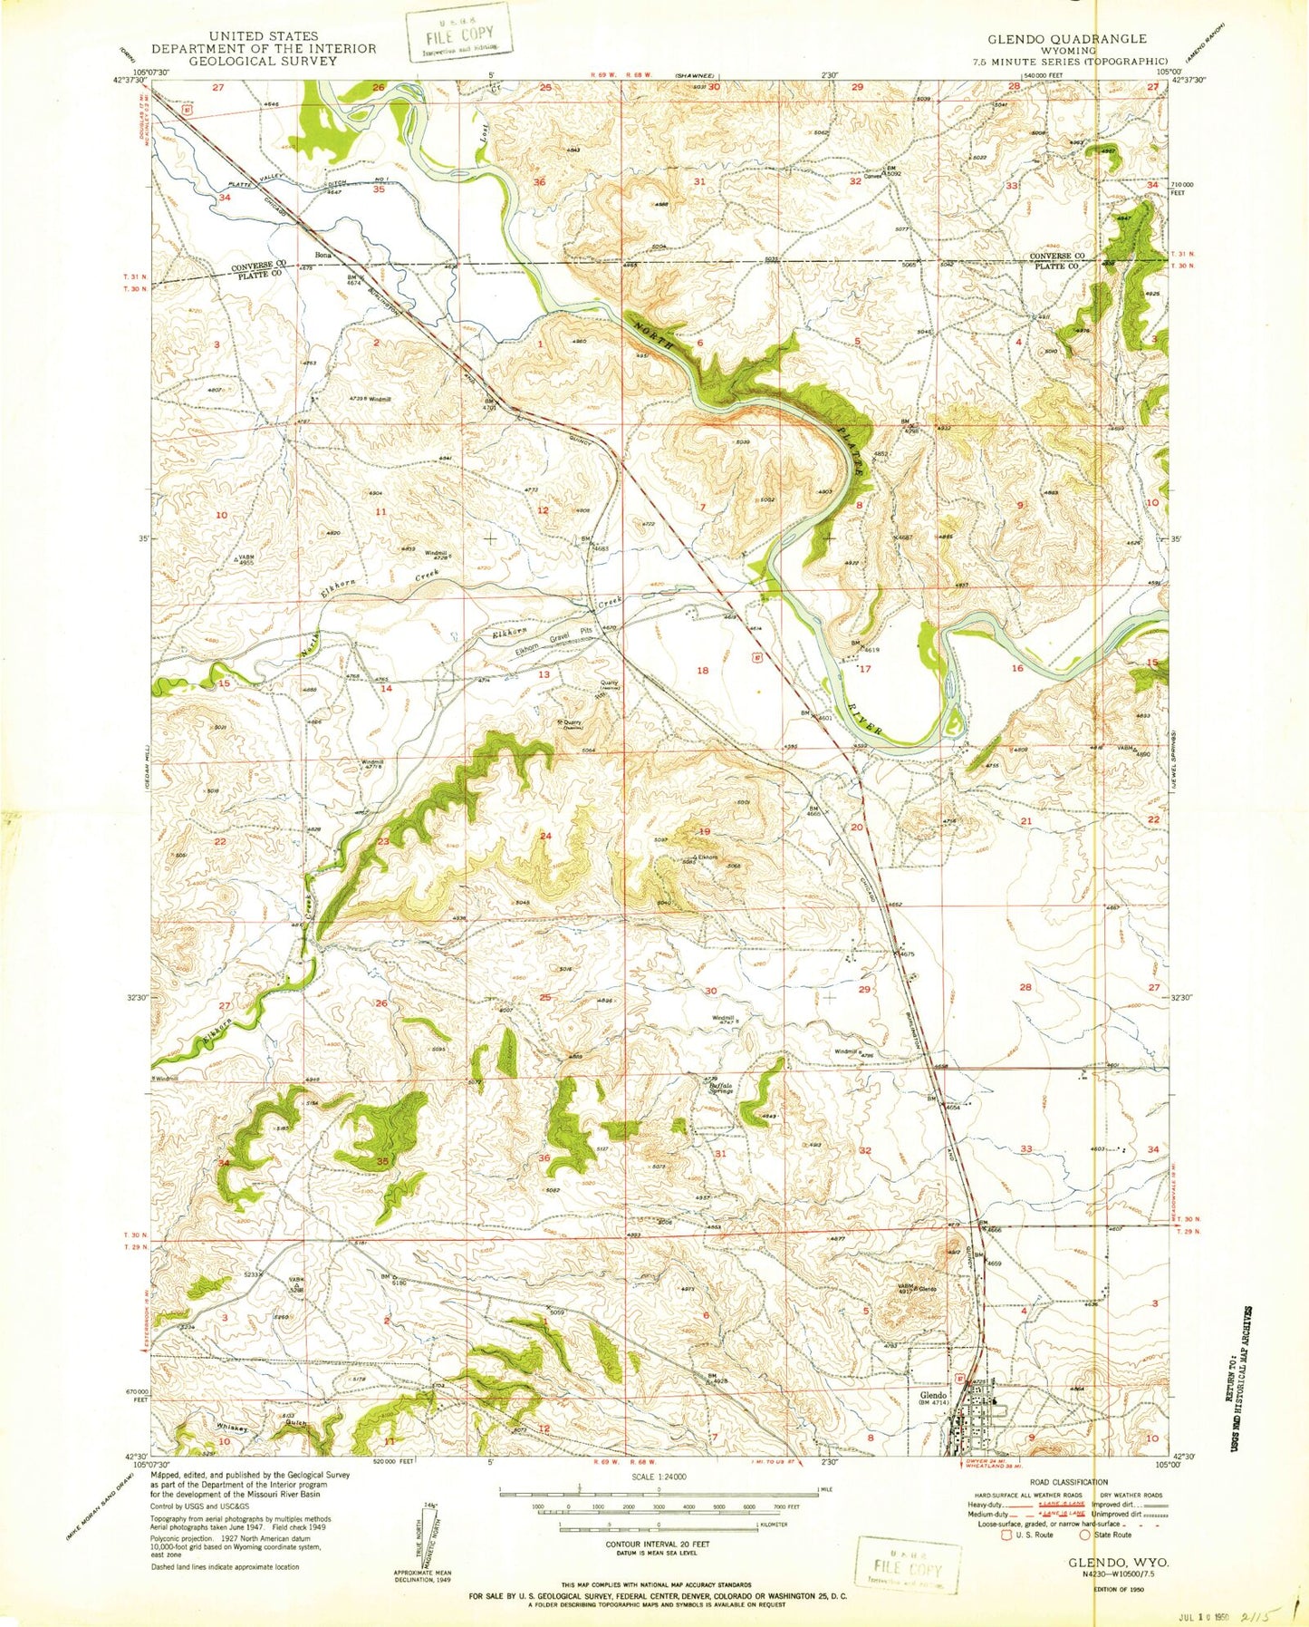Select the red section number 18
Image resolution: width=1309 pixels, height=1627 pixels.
coord(702,670)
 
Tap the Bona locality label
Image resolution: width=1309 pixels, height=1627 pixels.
coord(322,255)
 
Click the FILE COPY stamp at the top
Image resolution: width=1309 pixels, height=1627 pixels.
coord(458,36)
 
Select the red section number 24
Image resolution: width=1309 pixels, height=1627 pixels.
coord(546,835)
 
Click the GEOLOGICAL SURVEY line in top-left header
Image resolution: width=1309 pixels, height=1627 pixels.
coord(263,61)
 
